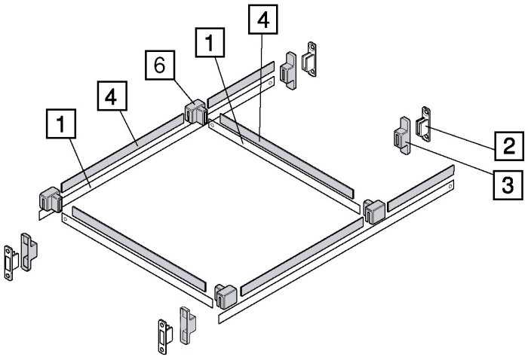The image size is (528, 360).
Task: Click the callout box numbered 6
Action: point(160,66)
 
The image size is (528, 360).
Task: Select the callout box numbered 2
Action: point(509,146)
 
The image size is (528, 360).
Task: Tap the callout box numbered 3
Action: point(508,185)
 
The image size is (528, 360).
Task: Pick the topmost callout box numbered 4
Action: point(263,20)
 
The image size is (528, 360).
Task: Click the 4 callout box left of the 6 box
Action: point(112,96)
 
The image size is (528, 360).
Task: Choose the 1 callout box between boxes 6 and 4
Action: point(210,42)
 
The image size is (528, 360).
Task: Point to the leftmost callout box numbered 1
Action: point(61,124)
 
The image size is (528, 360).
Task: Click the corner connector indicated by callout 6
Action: point(195,111)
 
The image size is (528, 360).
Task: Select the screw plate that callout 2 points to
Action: point(424,124)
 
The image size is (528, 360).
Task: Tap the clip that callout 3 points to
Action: point(402,135)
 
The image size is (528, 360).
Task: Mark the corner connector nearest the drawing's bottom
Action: point(226,297)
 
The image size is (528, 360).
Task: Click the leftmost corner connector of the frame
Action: point(51,200)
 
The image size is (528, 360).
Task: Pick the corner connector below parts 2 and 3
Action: point(374,211)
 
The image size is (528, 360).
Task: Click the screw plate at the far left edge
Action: point(11,263)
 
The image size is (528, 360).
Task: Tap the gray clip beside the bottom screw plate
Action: point(188,325)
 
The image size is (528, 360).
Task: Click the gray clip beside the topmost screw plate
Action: point(288,71)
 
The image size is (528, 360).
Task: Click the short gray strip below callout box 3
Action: point(421,188)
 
